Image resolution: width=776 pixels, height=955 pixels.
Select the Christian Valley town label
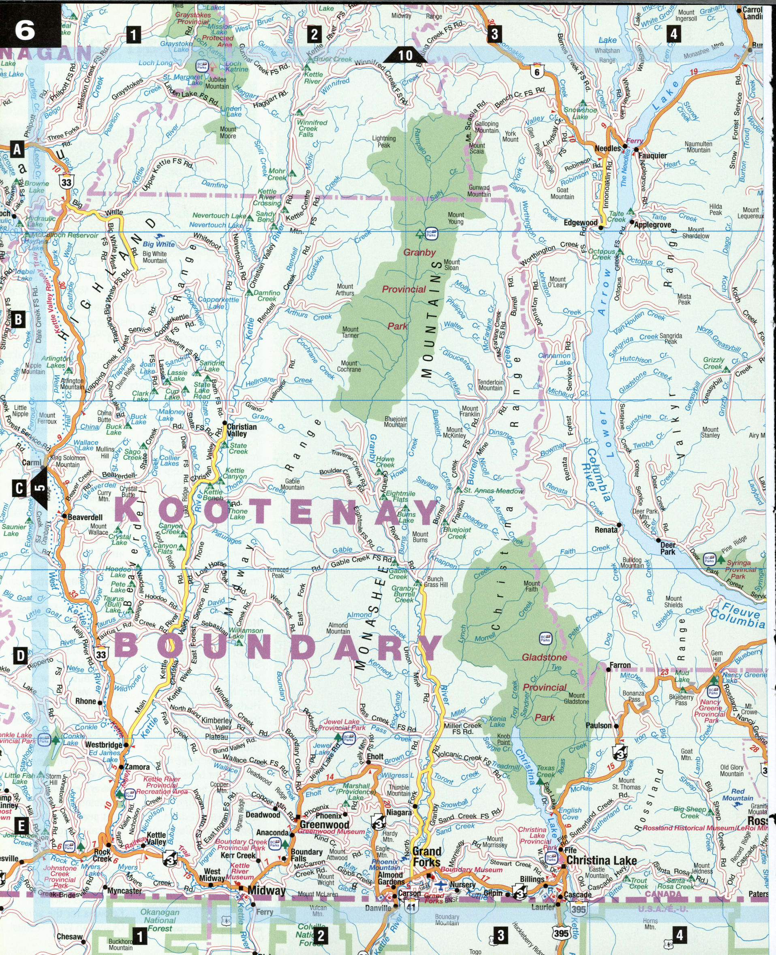[x=242, y=430]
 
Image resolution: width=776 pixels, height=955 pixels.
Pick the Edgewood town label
[x=580, y=222]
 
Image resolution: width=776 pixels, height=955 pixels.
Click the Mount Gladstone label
[x=576, y=698]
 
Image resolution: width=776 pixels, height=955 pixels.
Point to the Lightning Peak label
[x=383, y=142]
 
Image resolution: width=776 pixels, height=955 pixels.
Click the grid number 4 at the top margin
[x=673, y=34]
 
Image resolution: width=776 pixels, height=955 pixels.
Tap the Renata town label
[x=606, y=530]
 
